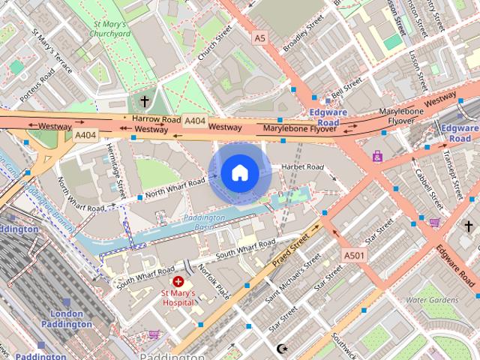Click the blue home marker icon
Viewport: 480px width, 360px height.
(239, 173)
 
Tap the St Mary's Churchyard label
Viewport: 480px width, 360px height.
(109, 28)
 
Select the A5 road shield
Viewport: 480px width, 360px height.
(259, 37)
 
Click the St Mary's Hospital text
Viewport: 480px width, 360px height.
(178, 298)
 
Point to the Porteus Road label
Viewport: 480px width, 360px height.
(37, 78)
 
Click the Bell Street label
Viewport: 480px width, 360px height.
(346, 89)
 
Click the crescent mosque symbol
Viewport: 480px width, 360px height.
(283, 349)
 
